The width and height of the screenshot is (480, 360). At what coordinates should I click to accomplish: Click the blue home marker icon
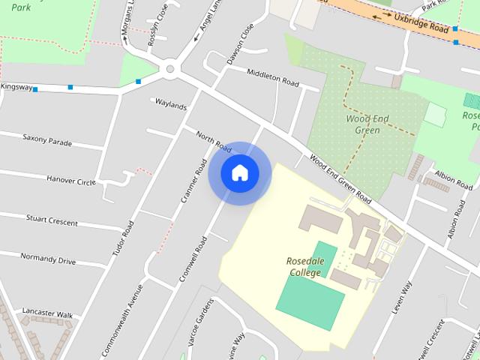point(240,172)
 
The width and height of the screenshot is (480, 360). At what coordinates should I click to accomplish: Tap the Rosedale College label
point(304,267)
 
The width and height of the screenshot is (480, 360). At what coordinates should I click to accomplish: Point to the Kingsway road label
point(16,87)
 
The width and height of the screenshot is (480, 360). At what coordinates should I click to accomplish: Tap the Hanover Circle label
point(70,181)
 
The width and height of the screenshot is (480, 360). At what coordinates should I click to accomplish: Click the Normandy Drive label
point(48,259)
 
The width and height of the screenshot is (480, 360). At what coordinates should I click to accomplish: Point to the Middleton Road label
point(272,78)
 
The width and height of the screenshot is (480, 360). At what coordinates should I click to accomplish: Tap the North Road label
point(213,139)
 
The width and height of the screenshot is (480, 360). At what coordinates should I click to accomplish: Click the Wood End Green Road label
point(341,180)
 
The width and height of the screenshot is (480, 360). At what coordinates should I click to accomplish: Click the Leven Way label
point(402,298)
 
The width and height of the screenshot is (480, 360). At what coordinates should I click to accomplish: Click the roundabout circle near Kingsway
point(170,70)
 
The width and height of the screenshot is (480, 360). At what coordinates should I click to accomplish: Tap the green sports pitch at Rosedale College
point(310,297)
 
